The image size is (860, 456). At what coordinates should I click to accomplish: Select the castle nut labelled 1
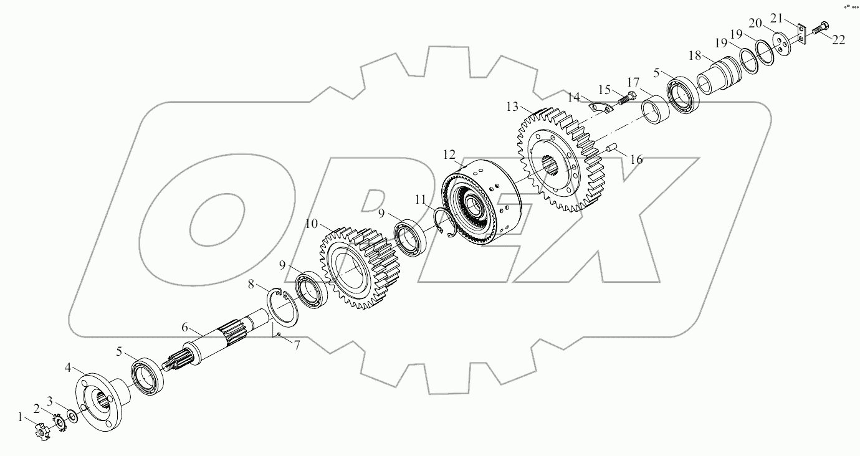[42, 432]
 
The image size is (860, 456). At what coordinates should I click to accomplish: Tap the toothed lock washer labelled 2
[61, 422]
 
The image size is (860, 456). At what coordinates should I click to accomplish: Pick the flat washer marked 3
[73, 416]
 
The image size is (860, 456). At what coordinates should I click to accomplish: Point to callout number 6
[184, 327]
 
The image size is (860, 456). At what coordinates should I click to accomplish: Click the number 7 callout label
[297, 344]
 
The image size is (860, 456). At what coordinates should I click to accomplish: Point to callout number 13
[512, 107]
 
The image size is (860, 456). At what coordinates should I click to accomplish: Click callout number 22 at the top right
[839, 40]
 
